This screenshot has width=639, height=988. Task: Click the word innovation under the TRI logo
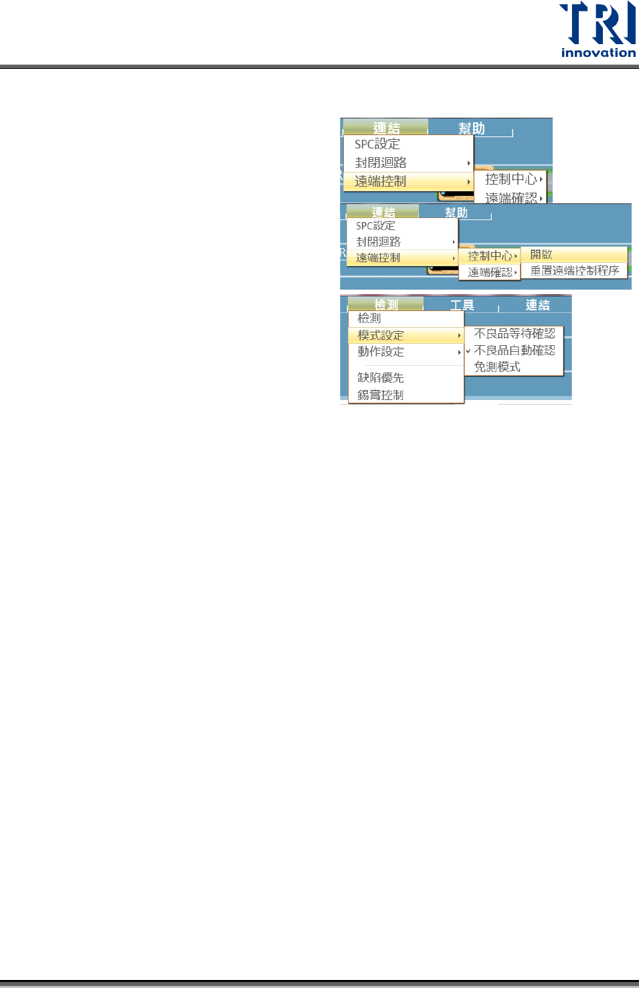tap(598, 53)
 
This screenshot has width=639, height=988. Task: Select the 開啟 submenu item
tap(541, 255)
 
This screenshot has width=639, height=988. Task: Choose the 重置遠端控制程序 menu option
tap(575, 271)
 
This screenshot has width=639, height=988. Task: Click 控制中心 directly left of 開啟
tap(490, 256)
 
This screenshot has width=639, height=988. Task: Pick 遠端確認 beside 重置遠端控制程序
tap(490, 272)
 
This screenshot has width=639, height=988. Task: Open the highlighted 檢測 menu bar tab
tap(386, 305)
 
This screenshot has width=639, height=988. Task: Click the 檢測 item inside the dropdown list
tap(369, 318)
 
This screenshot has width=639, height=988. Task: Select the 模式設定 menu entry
tap(381, 335)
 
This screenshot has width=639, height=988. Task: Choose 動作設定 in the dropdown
tap(381, 352)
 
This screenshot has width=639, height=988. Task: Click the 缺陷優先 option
tap(381, 378)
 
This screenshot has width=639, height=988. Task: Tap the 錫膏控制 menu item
tap(381, 395)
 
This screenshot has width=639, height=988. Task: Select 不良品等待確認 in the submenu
tap(515, 333)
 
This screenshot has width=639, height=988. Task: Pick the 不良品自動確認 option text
tap(515, 350)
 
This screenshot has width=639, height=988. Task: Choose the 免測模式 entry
tap(497, 367)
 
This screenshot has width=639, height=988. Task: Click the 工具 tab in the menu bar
tap(462, 306)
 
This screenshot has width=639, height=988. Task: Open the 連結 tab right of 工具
tap(537, 306)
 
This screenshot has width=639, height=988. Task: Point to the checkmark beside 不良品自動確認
tap(468, 351)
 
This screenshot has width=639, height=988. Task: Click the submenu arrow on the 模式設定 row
tap(459, 335)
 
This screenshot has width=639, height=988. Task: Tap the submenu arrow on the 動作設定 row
tap(459, 352)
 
